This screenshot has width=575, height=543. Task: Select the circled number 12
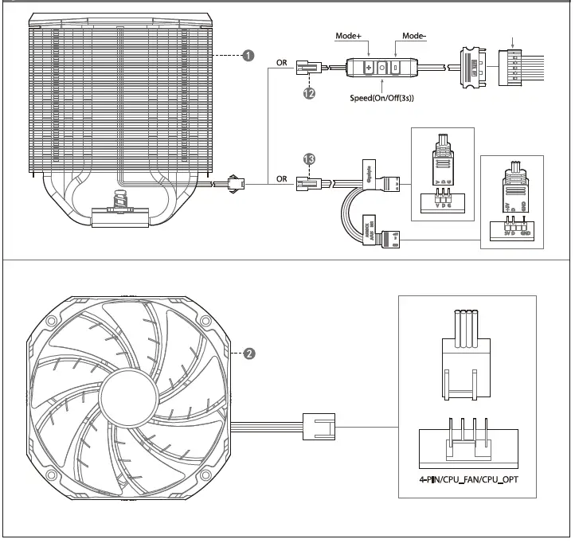(x=309, y=93)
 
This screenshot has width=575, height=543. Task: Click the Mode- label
(x=414, y=37)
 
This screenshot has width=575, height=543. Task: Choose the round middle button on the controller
(x=382, y=68)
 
